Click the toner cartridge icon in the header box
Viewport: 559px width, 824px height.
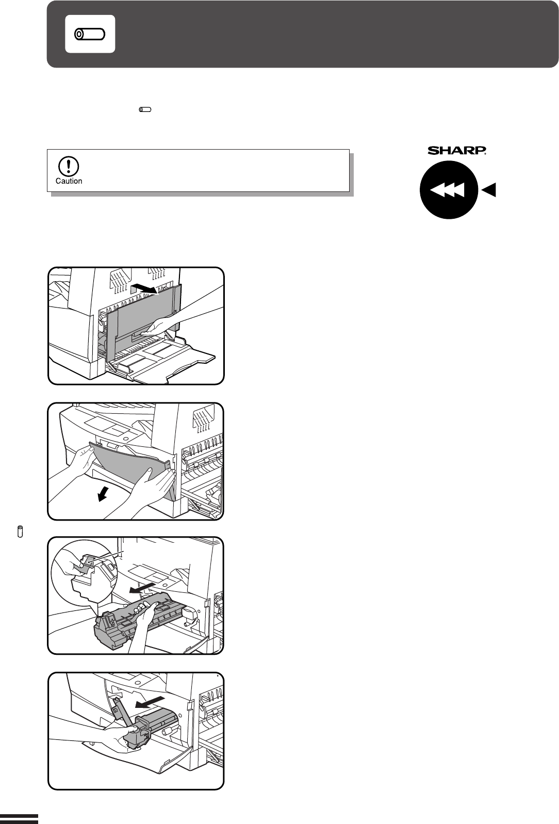(90, 34)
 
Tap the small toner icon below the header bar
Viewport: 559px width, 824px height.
(145, 109)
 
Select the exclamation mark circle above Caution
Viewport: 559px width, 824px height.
(69, 166)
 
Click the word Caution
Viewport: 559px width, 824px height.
(69, 181)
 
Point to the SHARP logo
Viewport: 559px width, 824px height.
(457, 151)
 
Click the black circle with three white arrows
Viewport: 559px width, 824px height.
(449, 190)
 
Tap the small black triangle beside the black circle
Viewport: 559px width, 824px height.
(489, 190)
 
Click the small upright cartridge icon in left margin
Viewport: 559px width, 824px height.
(20, 531)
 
